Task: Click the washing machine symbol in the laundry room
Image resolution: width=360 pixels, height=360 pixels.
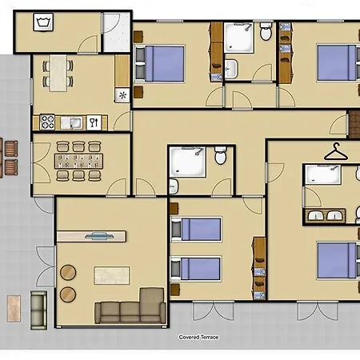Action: tap(43, 22)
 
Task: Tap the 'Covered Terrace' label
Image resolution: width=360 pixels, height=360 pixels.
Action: tap(198, 337)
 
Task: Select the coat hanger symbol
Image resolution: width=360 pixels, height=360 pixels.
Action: tap(336, 152)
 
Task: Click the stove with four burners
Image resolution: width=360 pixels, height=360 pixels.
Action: tap(47, 122)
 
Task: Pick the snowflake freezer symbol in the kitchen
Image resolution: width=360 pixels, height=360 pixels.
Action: tap(122, 95)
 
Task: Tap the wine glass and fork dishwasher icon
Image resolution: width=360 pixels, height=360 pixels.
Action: tap(94, 122)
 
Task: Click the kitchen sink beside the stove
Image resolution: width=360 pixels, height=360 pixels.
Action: tap(71, 123)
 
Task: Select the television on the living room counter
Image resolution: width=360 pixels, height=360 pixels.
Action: tap(99, 236)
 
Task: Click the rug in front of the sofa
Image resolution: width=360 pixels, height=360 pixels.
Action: tap(112, 275)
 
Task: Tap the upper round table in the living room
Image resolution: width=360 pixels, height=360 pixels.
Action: tap(68, 272)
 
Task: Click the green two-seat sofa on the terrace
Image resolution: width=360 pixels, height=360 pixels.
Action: tap(38, 310)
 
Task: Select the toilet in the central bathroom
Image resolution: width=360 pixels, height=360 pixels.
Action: tap(221, 155)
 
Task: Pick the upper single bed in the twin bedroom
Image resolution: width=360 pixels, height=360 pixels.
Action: tap(196, 230)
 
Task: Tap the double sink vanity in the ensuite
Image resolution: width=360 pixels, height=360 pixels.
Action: tap(325, 215)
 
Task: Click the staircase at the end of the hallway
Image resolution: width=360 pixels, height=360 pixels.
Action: tap(354, 125)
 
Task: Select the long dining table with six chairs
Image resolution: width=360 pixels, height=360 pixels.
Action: tap(78, 161)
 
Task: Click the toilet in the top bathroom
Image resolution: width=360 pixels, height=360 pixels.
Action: tap(266, 31)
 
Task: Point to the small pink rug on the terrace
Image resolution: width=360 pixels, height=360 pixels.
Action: tap(14, 309)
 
